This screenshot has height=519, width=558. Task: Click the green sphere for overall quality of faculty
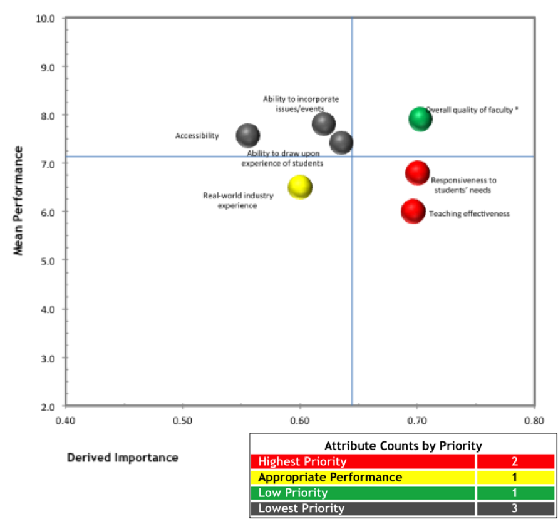(420, 118)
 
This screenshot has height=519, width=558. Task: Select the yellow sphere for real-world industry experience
(300, 187)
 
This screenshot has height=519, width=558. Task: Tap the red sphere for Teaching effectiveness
(413, 212)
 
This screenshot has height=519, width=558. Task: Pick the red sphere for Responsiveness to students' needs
(417, 173)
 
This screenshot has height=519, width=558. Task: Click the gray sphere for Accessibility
(248, 135)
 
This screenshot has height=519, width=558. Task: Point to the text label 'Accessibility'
(197, 136)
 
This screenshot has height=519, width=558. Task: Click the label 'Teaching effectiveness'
(469, 214)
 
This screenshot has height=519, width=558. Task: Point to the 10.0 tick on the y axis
(48, 18)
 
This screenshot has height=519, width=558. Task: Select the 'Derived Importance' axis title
(122, 458)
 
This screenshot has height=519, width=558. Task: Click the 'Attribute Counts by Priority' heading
(403, 446)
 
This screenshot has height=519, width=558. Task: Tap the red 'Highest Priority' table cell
(363, 462)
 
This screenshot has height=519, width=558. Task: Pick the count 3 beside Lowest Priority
(515, 508)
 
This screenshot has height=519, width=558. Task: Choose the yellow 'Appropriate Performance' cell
(363, 478)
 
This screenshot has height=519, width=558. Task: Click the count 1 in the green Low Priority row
(515, 493)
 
